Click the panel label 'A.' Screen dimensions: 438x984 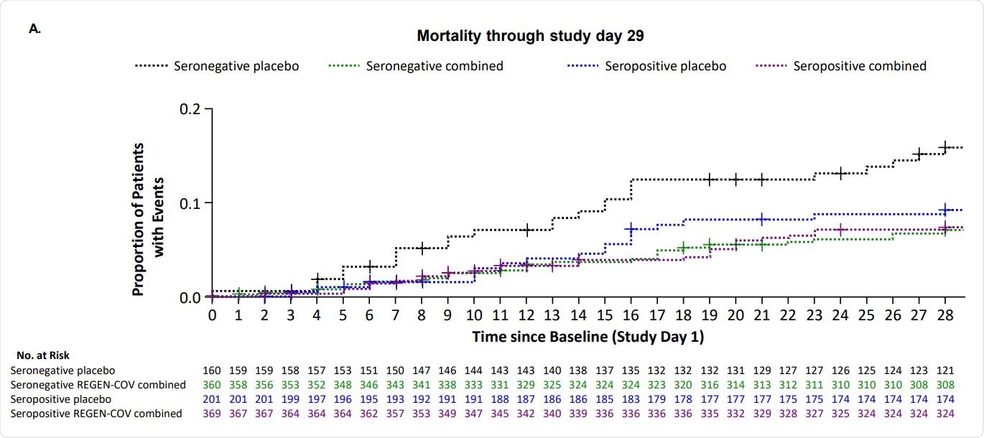pos(34,29)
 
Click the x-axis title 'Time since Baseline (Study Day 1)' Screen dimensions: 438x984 pos(588,336)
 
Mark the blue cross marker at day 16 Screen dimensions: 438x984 pos(631,229)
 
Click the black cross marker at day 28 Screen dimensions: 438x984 pos(945,146)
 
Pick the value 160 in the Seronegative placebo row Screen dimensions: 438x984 pos(213,371)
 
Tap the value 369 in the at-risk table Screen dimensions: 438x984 pos(213,413)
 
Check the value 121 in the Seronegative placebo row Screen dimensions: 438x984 pos(944,371)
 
